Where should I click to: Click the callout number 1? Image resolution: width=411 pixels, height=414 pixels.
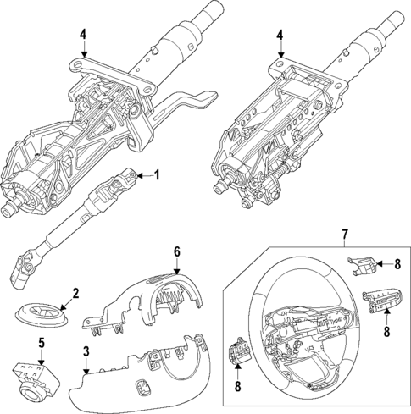coord(157,176)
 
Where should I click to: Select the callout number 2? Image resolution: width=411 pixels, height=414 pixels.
coord(75,293)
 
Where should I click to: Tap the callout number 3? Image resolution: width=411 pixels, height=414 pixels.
coord(86,351)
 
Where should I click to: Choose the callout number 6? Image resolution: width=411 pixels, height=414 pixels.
coord(177,251)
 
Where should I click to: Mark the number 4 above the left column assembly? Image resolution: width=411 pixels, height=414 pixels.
coord(83,34)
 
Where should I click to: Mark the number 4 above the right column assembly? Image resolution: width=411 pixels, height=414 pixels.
coord(280,34)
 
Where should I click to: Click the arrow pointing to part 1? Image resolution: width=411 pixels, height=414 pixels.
coord(142,176)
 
